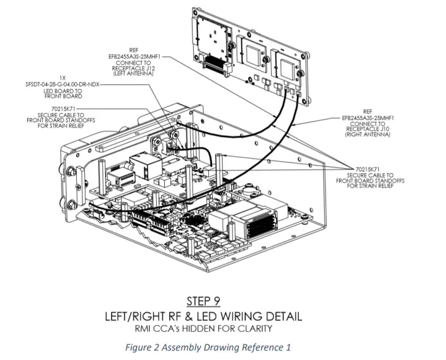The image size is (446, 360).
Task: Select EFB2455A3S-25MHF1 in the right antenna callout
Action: click(x=364, y=116)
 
